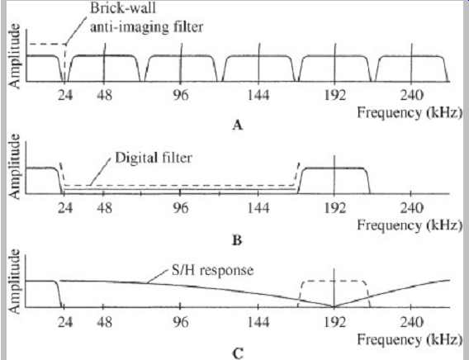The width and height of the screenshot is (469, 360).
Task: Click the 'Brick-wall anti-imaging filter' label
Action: pos(147,17)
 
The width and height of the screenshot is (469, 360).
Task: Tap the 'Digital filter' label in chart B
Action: pos(154,158)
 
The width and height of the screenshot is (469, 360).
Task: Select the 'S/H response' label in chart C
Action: pos(212,270)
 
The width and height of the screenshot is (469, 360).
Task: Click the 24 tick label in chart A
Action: pos(65,95)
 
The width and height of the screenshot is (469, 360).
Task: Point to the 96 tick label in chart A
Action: pos(181,95)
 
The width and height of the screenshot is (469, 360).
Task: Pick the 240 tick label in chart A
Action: pos(411,95)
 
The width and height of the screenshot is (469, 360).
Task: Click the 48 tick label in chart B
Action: pos(104,207)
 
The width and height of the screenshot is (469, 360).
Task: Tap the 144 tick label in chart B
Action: pos(258,207)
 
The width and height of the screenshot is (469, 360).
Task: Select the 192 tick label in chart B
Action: pos(335,207)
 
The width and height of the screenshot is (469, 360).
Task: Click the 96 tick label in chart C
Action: pos(181,322)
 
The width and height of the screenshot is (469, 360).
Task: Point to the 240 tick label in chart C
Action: pos(411,322)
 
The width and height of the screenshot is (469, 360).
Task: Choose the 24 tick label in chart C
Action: pos(65,322)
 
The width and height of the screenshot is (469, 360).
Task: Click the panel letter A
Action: pos(237,125)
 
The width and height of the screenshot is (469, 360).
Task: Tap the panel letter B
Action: pos(237,240)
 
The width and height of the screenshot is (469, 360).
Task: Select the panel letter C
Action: pos(238,353)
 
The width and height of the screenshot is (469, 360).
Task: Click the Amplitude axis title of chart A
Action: pos(14,56)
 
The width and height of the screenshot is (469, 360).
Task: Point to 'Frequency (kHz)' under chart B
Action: pos(410,225)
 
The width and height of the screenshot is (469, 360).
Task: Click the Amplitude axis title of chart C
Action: pos(14,281)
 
